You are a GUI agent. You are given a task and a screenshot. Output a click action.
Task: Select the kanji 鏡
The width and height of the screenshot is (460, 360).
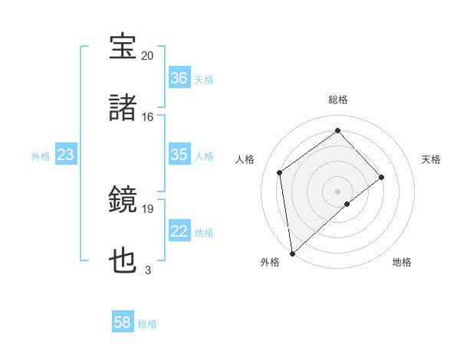click(x=123, y=201)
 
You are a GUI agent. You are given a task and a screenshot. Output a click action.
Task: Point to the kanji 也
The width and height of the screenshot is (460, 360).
click(x=123, y=262)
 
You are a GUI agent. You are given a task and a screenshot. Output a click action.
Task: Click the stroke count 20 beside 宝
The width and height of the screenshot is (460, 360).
click(x=147, y=55)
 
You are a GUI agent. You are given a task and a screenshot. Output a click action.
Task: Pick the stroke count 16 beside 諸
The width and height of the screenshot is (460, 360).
click(x=147, y=116)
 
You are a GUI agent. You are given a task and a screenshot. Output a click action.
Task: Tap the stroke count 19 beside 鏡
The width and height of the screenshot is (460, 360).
click(x=147, y=208)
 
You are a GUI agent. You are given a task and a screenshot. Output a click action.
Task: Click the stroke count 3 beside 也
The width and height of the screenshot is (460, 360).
click(x=147, y=270)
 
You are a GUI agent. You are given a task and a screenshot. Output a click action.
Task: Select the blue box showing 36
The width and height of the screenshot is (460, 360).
click(x=179, y=78)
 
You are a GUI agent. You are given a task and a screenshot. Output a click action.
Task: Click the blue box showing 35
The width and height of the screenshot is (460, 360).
click(x=179, y=155)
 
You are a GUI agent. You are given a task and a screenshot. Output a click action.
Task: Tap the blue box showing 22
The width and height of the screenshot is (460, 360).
click(x=179, y=231)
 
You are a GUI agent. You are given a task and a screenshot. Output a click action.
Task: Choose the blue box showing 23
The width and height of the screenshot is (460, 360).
click(x=66, y=155)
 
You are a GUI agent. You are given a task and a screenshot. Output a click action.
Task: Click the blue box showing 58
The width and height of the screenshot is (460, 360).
click(x=123, y=323)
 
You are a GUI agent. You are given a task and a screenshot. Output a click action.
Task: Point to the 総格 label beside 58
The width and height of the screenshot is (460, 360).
click(x=147, y=324)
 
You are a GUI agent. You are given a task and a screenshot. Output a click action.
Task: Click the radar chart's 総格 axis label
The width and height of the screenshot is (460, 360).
click(x=338, y=100)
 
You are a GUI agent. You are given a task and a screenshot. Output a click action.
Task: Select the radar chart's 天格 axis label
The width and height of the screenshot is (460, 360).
click(x=432, y=159)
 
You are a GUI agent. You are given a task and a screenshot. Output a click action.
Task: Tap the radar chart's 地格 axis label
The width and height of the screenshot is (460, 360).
click(x=402, y=262)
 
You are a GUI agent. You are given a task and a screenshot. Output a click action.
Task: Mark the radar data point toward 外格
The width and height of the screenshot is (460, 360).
click(x=291, y=253)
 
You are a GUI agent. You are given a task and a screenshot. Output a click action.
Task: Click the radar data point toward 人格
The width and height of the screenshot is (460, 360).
click(x=280, y=172)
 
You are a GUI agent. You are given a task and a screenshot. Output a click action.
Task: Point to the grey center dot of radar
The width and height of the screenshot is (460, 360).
click(x=338, y=190)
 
